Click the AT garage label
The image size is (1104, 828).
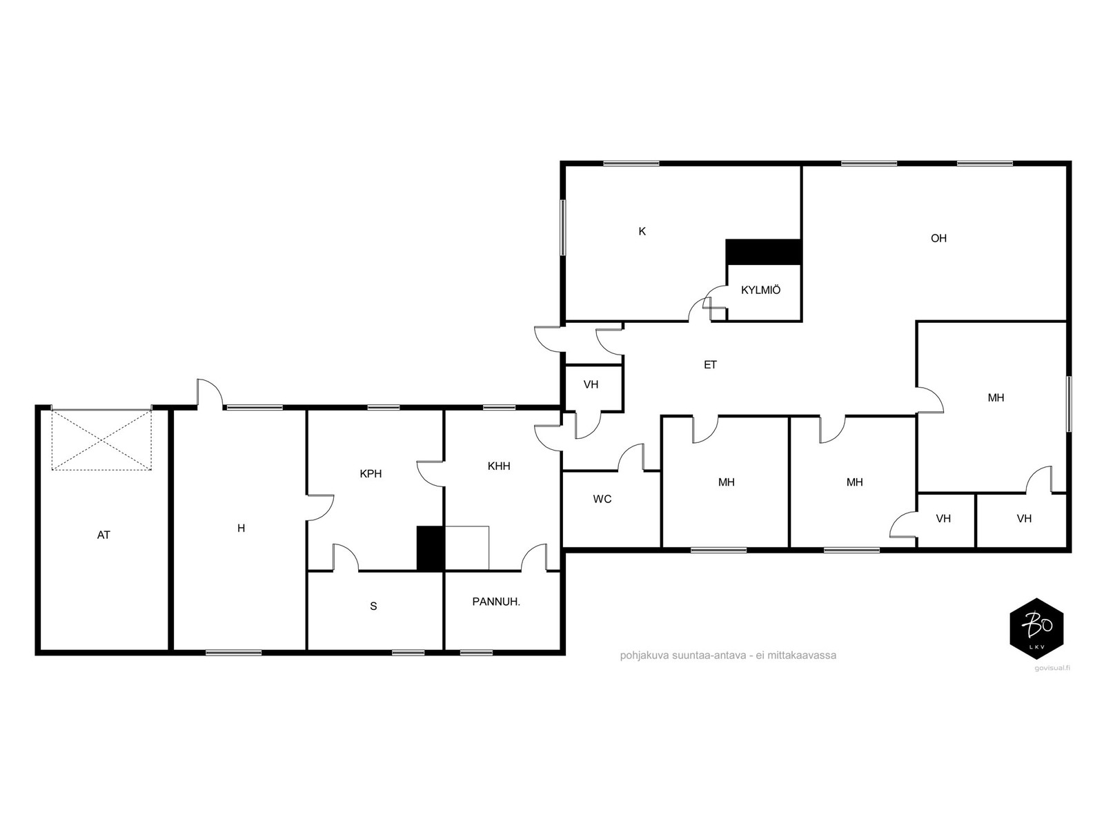pos(103,535)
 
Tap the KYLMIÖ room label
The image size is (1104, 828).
pos(760,290)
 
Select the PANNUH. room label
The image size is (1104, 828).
pos(496,601)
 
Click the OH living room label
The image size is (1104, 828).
pos(938,238)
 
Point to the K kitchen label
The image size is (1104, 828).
pos(642,231)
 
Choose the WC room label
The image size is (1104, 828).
pos(602,499)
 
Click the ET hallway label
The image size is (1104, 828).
pos(710,365)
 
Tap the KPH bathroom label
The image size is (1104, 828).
pos(371,473)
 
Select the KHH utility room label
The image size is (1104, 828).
pos(499,466)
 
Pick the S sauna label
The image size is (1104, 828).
pos(373,607)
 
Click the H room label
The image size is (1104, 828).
pos(241,528)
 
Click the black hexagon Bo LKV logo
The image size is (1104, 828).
pos(1036,629)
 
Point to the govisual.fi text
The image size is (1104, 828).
pos(1052,668)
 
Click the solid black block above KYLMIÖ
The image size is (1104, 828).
pos(764,251)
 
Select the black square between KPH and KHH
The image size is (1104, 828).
pos(431,549)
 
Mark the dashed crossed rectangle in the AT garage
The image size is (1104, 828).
pos(101,440)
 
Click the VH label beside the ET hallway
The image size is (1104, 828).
pos(591,384)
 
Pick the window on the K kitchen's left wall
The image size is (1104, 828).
pos(563,227)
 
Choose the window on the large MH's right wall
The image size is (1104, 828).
pos(1069,404)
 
